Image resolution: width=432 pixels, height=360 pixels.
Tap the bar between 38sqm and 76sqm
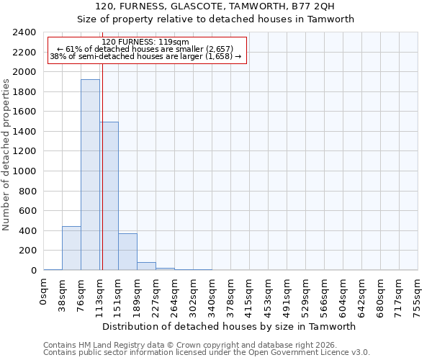pos(71,248)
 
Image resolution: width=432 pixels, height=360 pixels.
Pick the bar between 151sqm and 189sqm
pos(127,252)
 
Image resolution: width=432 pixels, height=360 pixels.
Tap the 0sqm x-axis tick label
pos(44,292)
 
